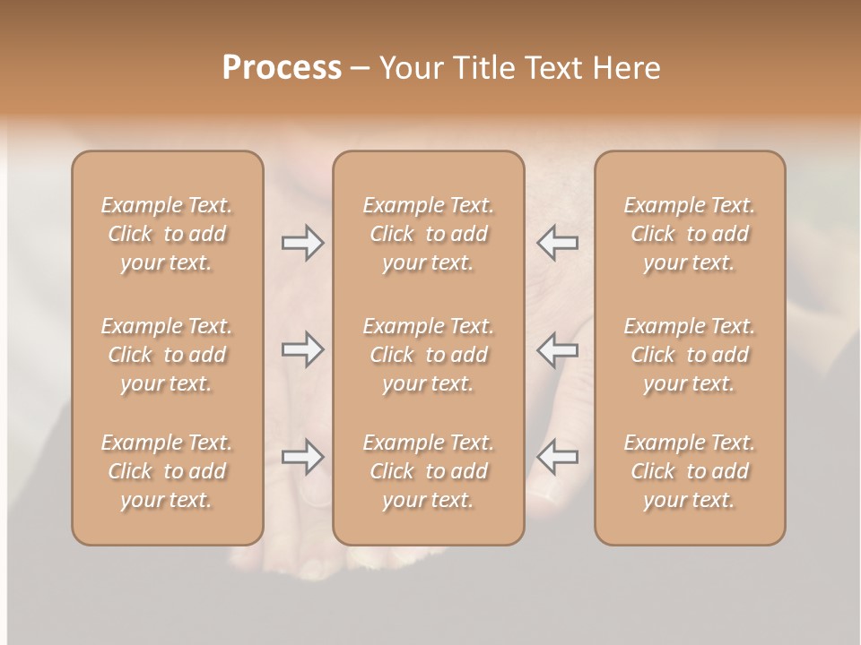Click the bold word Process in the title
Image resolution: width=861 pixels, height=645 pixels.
[282, 68]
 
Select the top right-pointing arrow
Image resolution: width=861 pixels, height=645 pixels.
[302, 242]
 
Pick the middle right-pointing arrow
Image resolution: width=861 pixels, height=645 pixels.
[302, 349]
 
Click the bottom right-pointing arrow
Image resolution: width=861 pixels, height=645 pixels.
[302, 457]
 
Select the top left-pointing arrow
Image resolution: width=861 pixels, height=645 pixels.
[558, 242]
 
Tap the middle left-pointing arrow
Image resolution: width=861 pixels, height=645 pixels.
[558, 349]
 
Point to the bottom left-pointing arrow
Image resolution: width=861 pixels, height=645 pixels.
[558, 457]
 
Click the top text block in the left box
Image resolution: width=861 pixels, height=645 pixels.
[167, 234]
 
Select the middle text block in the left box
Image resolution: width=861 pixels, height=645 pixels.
[167, 355]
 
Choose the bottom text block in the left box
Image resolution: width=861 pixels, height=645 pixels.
[167, 471]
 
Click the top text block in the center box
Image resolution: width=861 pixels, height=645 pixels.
[429, 234]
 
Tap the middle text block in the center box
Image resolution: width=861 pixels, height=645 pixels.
[429, 355]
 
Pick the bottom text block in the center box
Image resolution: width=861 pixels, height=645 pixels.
[429, 471]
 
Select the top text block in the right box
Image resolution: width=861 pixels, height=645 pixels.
[690, 234]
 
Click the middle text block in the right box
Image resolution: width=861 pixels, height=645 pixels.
[690, 355]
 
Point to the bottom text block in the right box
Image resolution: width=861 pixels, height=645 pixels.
[690, 471]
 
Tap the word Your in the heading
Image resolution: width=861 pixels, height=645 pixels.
[412, 68]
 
